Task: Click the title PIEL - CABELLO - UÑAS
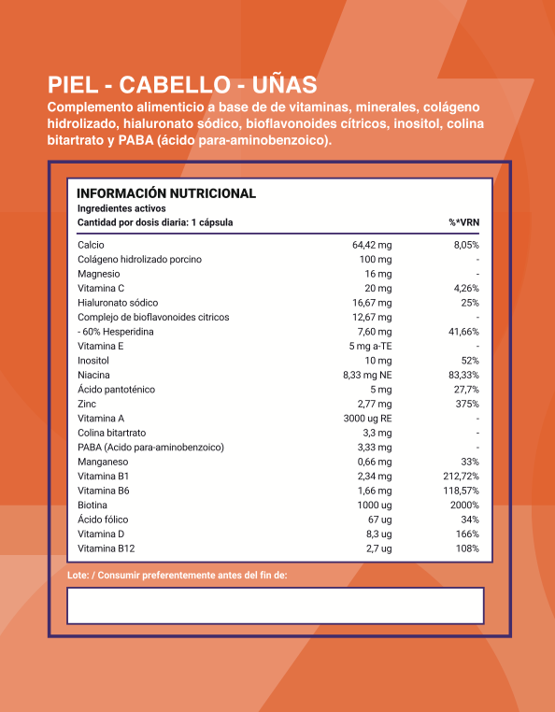[x=182, y=85]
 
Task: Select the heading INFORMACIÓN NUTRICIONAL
[x=165, y=193]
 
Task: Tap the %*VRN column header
[x=463, y=222]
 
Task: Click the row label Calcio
[x=91, y=245]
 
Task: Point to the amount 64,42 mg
[x=371, y=245]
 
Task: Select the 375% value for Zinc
[x=467, y=404]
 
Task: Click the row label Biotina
[x=93, y=505]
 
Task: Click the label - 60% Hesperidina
[x=115, y=332]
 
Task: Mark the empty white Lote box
[x=276, y=605]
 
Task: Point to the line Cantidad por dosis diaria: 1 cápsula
[x=155, y=222]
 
